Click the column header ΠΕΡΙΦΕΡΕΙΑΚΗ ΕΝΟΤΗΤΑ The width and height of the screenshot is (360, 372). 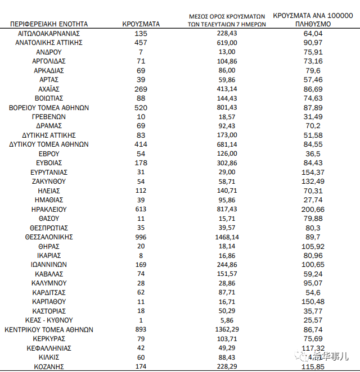pos(49,24)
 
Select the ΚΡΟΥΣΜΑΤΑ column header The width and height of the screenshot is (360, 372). pos(141,24)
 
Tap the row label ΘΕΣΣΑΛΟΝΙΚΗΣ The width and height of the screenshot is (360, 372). pos(49,237)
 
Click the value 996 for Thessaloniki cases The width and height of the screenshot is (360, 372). pos(141,237)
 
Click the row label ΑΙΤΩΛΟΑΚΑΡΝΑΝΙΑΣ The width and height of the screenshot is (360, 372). pos(49,34)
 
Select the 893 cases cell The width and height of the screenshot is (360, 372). pos(141,330)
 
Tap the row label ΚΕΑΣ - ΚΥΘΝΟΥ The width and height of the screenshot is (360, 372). pos(49,320)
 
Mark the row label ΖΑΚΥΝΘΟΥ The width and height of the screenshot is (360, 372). pos(49,182)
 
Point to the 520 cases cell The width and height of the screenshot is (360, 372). pos(141,107)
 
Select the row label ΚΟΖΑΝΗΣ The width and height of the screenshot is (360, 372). pos(49,367)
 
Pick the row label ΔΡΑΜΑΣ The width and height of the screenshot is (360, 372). pos(49,126)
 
